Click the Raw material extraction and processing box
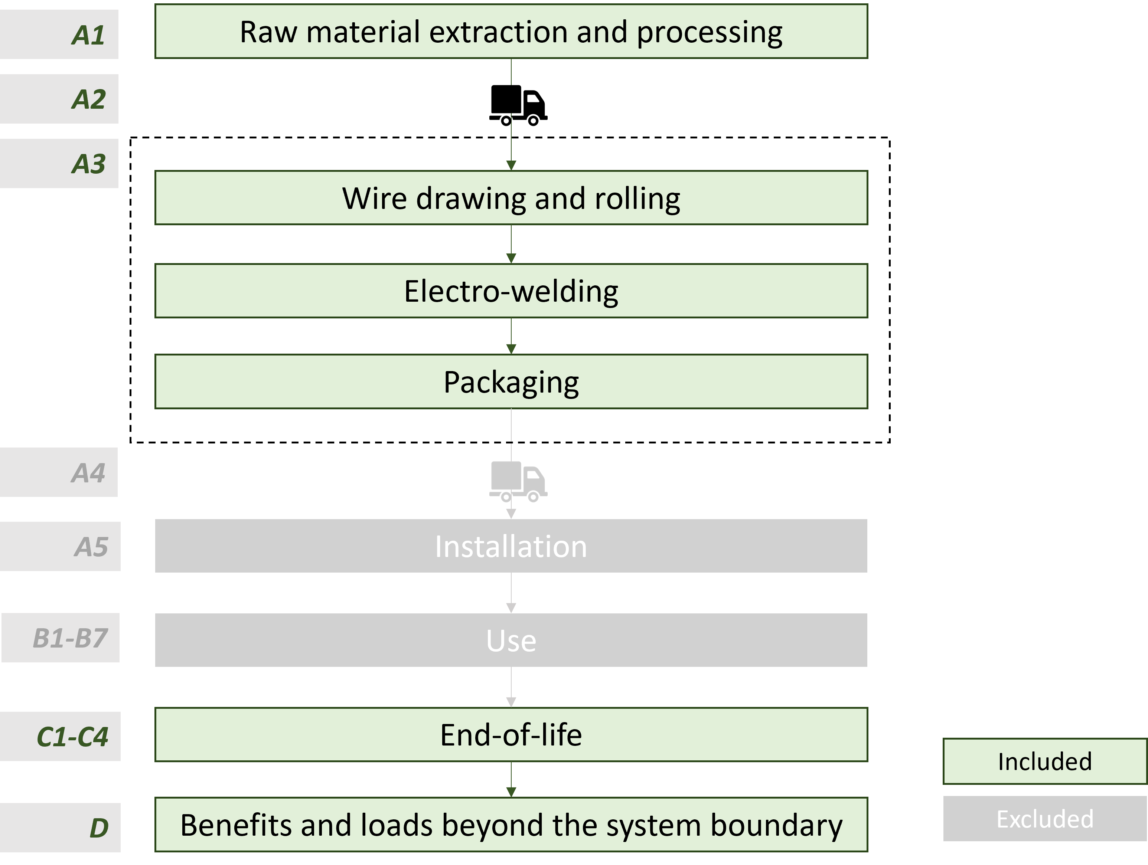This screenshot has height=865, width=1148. click(511, 32)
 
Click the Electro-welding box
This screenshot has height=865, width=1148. click(511, 291)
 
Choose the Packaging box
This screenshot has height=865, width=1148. click(511, 382)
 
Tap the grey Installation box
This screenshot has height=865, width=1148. click(511, 546)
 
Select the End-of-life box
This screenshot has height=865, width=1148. click(511, 735)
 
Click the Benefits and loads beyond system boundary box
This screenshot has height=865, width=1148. click(511, 825)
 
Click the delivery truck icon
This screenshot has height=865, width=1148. click(518, 481)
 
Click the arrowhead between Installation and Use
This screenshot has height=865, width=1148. click(511, 608)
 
